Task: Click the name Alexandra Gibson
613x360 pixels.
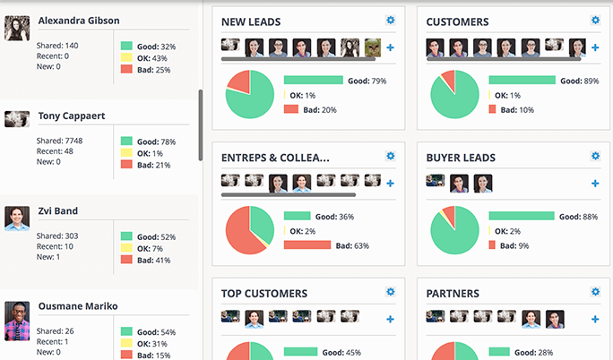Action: [79, 21]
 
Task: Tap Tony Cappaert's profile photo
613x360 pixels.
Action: [17, 119]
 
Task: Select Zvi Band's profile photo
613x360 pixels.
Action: [17, 219]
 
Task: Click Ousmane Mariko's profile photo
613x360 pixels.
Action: [17, 321]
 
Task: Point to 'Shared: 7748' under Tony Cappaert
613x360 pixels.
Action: [59, 141]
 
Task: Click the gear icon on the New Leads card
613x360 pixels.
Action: [390, 21]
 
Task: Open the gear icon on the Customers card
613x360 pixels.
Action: [595, 21]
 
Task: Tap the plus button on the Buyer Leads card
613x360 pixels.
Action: [595, 184]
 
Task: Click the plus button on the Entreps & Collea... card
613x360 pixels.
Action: [390, 184]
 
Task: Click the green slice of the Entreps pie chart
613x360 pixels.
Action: [260, 223]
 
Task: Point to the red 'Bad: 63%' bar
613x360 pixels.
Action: [307, 245]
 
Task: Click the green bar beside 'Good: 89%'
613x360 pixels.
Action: [522, 81]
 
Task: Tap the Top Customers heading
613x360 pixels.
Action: [264, 294]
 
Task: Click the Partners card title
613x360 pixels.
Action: [453, 294]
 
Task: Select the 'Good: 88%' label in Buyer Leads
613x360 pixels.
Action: [578, 217]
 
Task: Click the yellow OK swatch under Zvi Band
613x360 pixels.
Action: [126, 247]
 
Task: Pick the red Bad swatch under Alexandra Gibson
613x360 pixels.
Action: [126, 69]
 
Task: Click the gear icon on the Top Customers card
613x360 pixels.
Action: [390, 292]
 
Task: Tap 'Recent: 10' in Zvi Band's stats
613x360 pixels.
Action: [55, 246]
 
